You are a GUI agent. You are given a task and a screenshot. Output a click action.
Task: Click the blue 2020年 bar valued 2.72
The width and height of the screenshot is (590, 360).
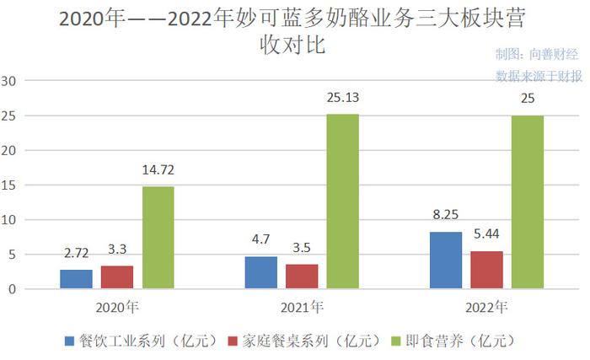click(77, 279)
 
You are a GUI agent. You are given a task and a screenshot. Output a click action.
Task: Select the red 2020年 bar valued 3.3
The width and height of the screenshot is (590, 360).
click(117, 277)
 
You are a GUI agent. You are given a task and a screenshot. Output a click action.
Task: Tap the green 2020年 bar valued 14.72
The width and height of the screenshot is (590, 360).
click(158, 238)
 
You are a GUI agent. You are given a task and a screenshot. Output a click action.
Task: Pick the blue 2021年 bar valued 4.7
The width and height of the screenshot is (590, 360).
click(261, 272)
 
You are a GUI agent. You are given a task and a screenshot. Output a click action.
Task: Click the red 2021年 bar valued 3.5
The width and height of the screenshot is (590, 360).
click(302, 277)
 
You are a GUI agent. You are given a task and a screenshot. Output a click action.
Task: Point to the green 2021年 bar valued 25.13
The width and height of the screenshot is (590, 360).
click(342, 201)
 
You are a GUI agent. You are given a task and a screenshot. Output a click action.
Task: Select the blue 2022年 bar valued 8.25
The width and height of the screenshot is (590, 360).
click(446, 261)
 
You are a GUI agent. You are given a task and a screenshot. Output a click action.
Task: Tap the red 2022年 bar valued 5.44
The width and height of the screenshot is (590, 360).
click(486, 270)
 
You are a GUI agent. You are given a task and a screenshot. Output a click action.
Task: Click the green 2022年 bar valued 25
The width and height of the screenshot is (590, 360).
click(527, 202)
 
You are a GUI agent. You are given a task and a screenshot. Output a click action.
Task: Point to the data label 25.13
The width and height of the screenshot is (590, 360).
click(342, 99)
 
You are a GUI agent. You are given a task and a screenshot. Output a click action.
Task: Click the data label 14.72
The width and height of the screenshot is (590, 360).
click(158, 171)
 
